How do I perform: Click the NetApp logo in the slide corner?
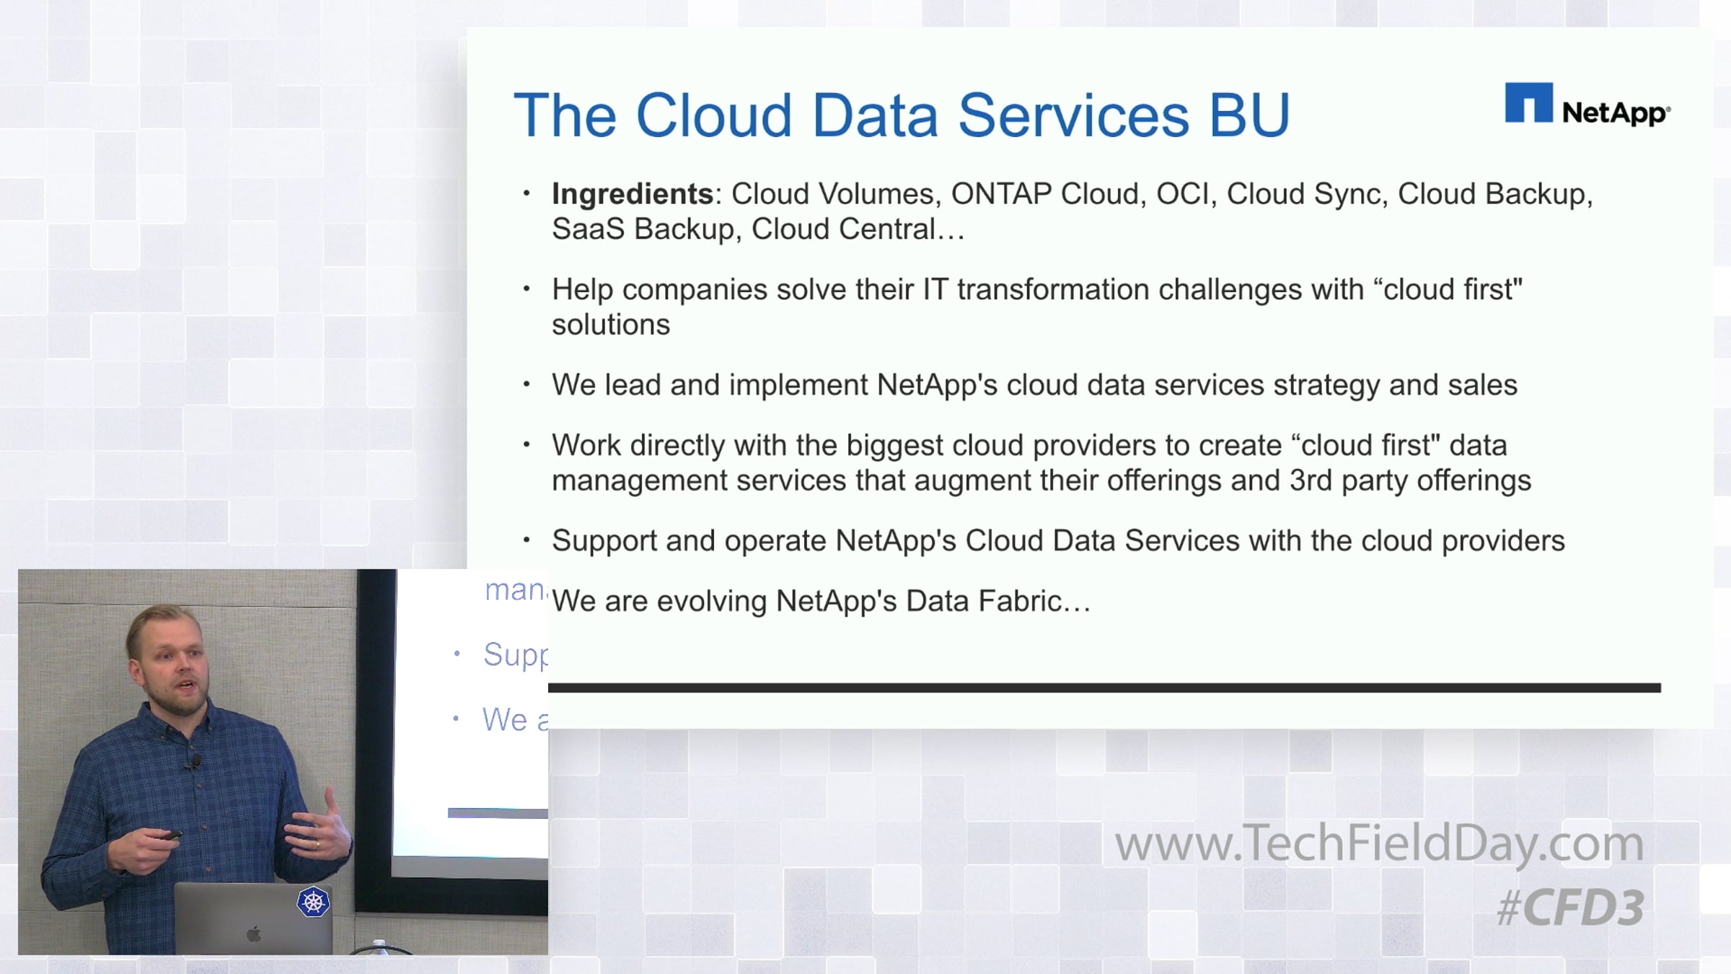[x=1587, y=105]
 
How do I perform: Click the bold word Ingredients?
[x=633, y=194]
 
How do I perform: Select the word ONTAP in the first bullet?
[x=1001, y=194]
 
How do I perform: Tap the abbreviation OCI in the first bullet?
[x=1182, y=194]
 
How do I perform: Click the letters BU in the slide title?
[x=1249, y=115]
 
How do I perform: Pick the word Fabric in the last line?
[x=1021, y=601]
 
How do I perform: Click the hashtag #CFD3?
[x=1570, y=907]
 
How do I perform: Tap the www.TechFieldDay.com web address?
[x=1379, y=843]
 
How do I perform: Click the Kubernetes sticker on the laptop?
[x=314, y=902]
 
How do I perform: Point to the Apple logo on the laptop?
[x=253, y=935]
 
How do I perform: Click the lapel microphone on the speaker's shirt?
[x=195, y=760]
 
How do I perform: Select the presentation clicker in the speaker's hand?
[x=170, y=836]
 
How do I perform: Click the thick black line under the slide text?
[x=1104, y=688]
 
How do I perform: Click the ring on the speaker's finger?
[x=317, y=843]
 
